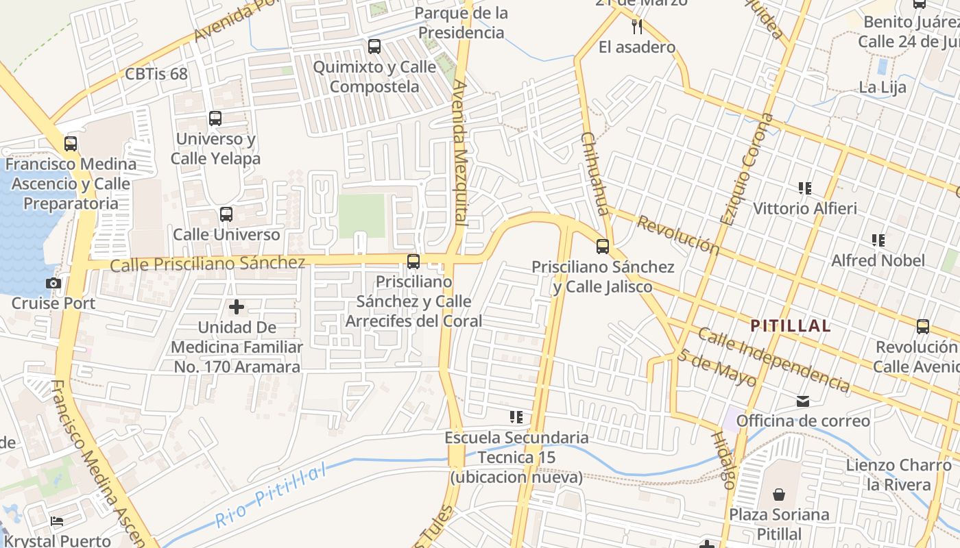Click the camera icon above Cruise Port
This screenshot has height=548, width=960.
click(53, 283)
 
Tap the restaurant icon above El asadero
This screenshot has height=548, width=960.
click(637, 27)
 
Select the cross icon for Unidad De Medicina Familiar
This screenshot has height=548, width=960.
click(237, 307)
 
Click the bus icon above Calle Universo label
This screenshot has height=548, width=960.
click(226, 214)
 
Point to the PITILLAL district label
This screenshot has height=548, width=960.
click(791, 326)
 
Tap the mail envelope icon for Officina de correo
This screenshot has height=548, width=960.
click(803, 401)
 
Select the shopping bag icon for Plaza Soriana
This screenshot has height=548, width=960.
click(779, 495)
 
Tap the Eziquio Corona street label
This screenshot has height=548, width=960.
click(747, 169)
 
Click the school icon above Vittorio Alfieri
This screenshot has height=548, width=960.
click(805, 188)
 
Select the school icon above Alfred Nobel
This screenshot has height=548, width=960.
click(878, 240)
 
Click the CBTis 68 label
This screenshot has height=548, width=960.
click(156, 74)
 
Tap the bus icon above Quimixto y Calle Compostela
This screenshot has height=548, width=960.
click(374, 47)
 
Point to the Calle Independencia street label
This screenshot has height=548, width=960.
click(774, 360)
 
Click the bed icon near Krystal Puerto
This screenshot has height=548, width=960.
click(57, 522)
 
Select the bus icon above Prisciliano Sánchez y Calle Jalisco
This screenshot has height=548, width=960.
click(603, 247)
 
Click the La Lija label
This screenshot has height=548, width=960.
click(883, 87)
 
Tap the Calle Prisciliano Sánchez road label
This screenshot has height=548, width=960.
click(208, 263)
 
